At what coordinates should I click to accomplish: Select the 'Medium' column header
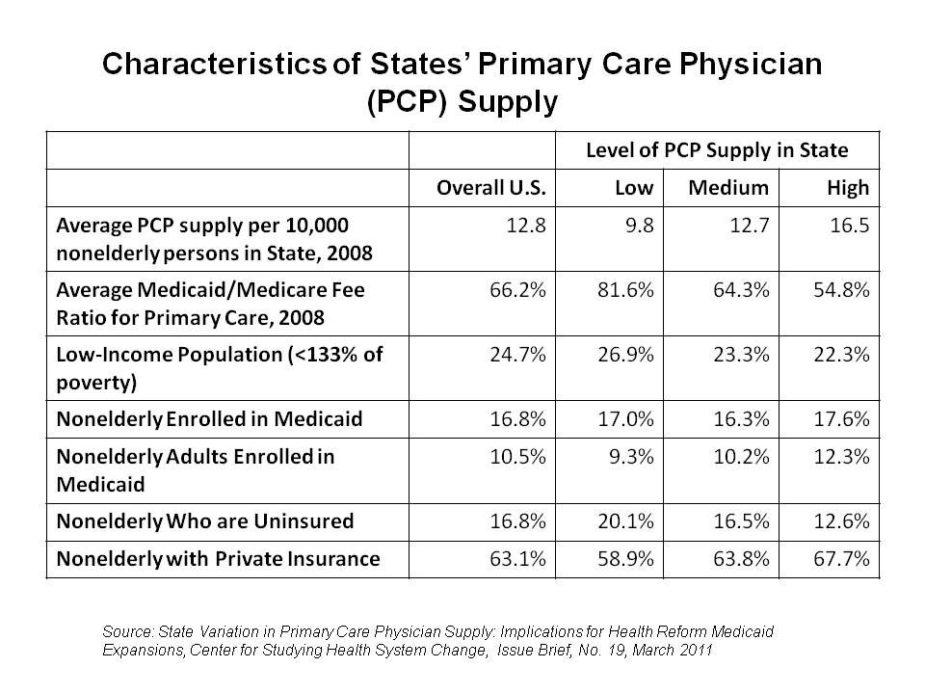[728, 187]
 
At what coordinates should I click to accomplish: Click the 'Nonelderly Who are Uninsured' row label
[205, 521]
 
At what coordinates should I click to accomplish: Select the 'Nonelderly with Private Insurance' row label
[218, 557]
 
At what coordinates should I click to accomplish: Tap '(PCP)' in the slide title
[408, 100]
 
